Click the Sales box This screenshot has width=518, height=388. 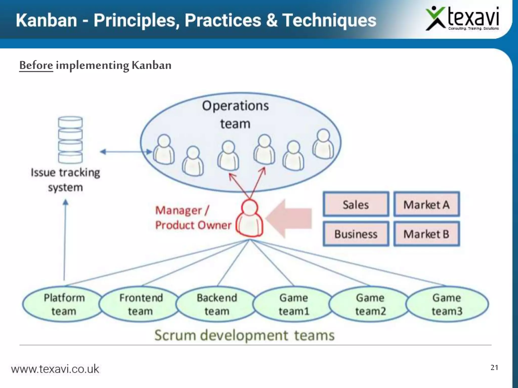point(356,204)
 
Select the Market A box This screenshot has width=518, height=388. point(426,204)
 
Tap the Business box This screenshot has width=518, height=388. point(356,234)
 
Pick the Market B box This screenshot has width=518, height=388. point(426,234)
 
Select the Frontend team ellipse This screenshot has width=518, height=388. point(141,304)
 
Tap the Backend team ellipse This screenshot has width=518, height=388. point(217,304)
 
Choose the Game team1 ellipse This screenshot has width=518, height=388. point(294,304)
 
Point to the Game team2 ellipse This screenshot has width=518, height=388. point(370,304)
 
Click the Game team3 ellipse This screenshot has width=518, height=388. point(447,304)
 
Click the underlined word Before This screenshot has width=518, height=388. point(36,65)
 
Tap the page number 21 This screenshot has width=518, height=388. point(494,367)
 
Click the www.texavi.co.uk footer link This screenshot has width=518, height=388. point(55,369)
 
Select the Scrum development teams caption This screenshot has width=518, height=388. point(244,335)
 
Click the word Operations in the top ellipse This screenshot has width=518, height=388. point(235,106)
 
